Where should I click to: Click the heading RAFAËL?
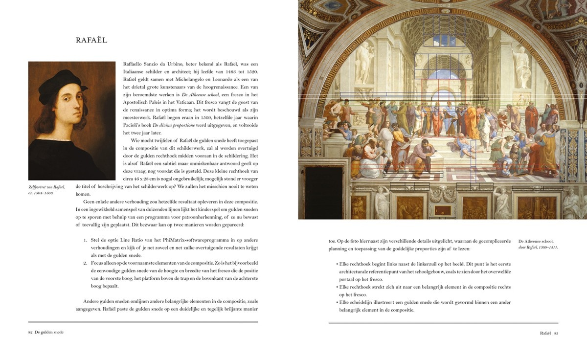tap(91, 40)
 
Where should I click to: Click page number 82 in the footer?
tap(30, 332)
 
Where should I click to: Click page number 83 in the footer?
tap(556, 333)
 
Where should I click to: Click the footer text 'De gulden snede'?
tap(49, 332)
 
